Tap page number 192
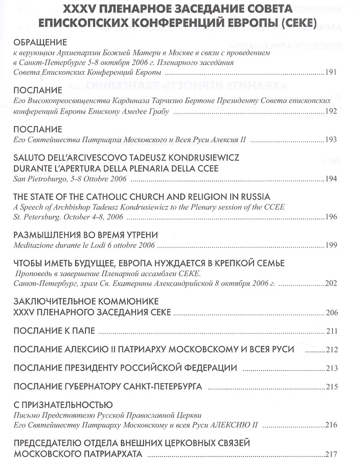[331, 111]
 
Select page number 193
[331, 140]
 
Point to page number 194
[331, 179]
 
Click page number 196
[331, 217]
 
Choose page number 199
[331, 245]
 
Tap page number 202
[331, 284]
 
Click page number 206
[331, 312]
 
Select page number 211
[331, 332]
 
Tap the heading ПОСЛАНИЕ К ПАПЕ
[54, 331]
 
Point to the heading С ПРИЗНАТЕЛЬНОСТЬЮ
[62, 405]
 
